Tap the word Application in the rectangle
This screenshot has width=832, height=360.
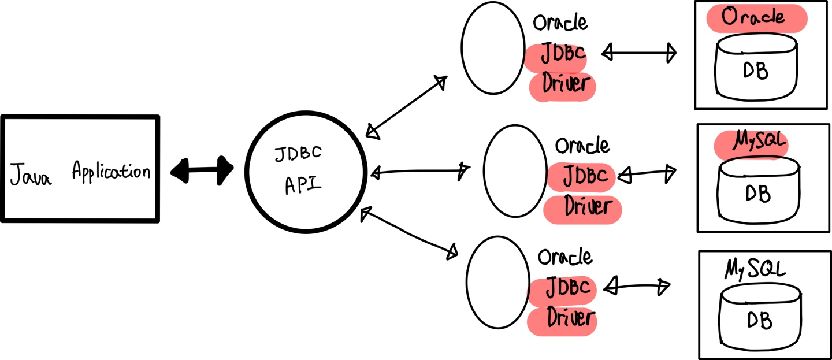(111, 172)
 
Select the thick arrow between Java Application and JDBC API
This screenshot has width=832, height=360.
(202, 170)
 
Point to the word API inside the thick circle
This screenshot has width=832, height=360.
(303, 186)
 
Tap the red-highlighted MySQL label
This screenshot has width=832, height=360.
(752, 142)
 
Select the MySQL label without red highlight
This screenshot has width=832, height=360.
(755, 269)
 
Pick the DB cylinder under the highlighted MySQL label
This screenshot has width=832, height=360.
(758, 192)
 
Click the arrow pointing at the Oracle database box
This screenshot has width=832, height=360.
(638, 53)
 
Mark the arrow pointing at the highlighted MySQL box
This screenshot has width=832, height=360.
(647, 173)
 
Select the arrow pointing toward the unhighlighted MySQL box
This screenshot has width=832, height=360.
(636, 285)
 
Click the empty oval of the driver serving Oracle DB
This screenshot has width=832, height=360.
(492, 48)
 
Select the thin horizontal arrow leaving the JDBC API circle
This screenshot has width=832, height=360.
(419, 171)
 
